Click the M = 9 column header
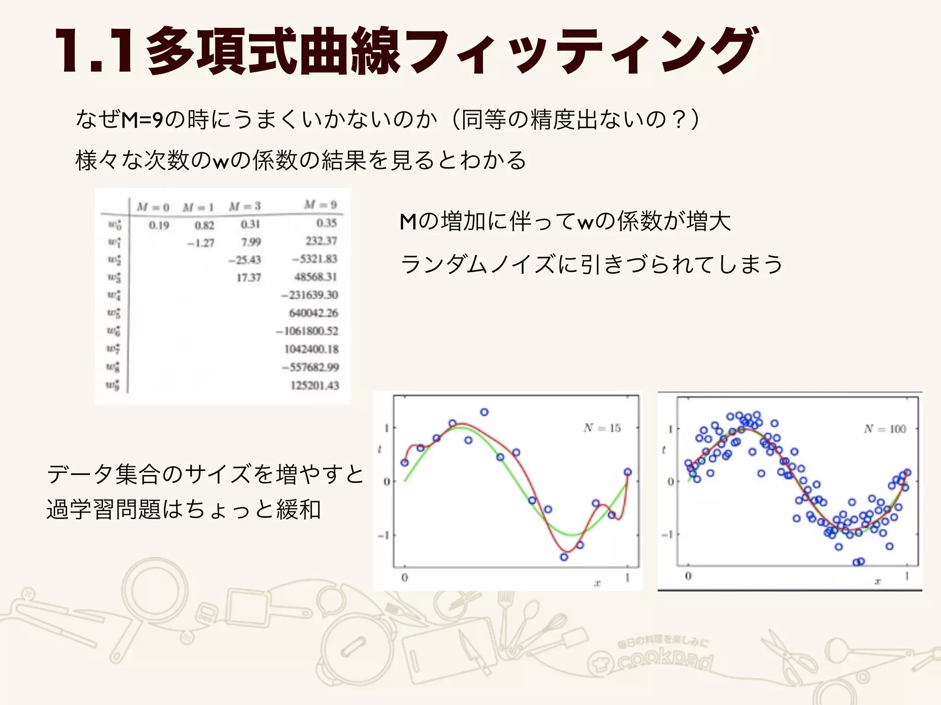320,205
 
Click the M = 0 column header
153,207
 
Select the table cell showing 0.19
159,225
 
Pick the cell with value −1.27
200,243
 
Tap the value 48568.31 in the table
316,277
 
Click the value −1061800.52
307,331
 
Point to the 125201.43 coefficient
315,385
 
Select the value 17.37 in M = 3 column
249,278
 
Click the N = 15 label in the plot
602,428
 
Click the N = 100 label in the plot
884,429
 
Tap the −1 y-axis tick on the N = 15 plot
384,536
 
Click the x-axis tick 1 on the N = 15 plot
627,577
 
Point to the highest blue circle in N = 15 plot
484,412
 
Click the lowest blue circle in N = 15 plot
564,557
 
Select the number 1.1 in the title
94,51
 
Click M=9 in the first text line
142,120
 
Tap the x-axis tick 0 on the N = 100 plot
688,576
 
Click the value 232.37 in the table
321,241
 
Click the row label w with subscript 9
113,385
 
